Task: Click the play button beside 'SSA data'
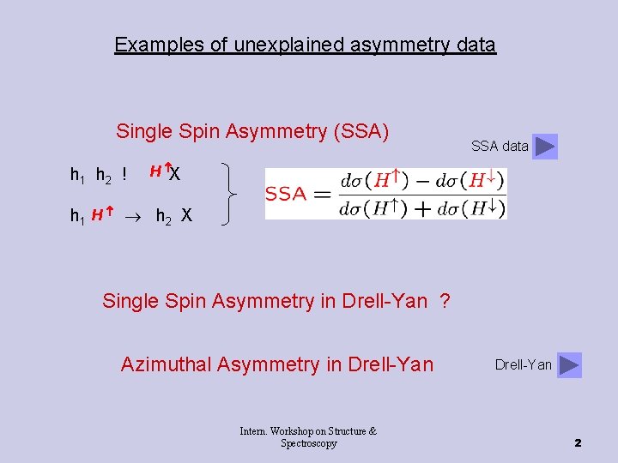pyautogui.click(x=545, y=147)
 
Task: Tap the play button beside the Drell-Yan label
pyautogui.click(x=569, y=365)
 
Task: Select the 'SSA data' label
pyautogui.click(x=500, y=147)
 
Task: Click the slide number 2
pyautogui.click(x=578, y=442)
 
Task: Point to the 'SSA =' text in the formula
pyautogui.click(x=298, y=194)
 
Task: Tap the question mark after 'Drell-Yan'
pyautogui.click(x=445, y=301)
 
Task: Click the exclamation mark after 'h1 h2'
pyautogui.click(x=124, y=175)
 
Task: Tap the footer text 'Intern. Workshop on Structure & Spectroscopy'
pyautogui.click(x=308, y=437)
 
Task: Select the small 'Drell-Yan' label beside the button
pyautogui.click(x=524, y=365)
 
